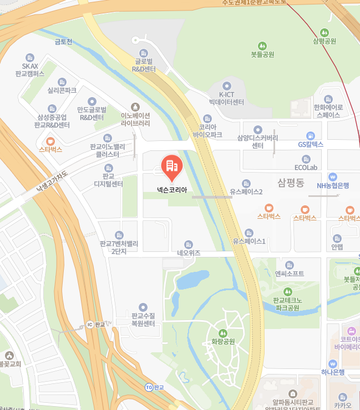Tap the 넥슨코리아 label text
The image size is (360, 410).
172,190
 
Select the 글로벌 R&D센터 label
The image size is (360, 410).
143,65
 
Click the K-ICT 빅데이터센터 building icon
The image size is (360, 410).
226,85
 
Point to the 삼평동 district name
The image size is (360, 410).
291,183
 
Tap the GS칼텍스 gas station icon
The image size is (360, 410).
311,135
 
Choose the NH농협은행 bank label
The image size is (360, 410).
333,186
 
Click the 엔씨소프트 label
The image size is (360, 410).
289,274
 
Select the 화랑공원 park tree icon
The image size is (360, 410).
223,333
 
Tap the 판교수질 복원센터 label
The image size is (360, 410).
143,320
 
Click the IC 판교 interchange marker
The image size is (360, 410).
90,325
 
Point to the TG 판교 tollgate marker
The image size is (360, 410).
148,387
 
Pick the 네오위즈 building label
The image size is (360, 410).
188,253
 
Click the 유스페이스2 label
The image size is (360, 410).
246,192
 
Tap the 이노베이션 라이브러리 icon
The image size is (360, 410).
135,107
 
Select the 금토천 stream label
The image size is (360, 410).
63,42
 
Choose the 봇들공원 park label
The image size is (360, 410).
262,54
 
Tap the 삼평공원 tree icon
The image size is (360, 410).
324,32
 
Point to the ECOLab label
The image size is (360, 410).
306,167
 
